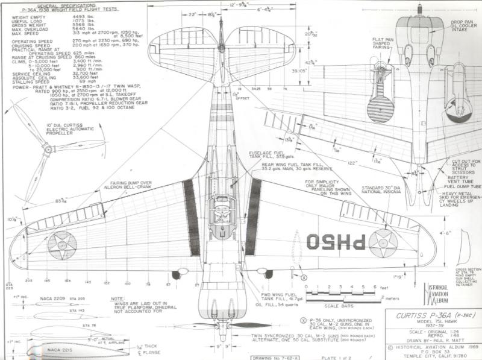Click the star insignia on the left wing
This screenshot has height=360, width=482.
62,245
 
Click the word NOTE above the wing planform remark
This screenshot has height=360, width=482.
117,298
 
